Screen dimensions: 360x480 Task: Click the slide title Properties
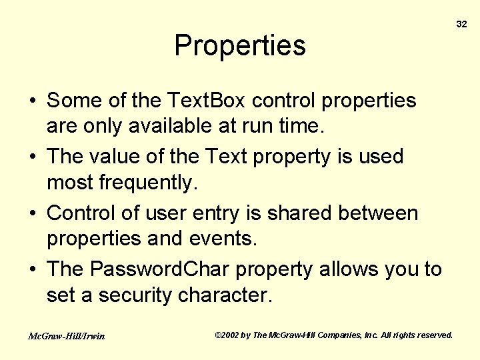coord(240,46)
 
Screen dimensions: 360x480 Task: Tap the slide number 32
coord(461,24)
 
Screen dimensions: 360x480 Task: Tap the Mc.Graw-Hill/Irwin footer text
coord(66,336)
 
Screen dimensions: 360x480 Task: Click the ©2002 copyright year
coord(227,335)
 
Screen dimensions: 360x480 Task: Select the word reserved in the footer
coord(433,335)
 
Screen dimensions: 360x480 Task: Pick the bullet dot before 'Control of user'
coord(33,214)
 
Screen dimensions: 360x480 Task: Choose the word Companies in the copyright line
coord(340,335)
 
